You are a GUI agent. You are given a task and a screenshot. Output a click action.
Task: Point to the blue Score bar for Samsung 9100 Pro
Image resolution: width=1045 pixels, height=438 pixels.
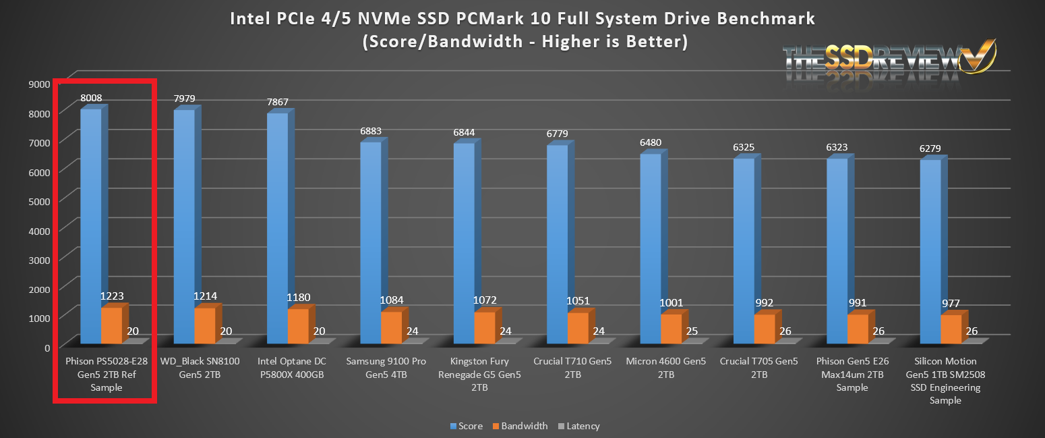(370, 243)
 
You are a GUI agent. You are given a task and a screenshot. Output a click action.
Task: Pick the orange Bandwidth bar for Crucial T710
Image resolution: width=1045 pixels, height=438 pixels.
(577, 328)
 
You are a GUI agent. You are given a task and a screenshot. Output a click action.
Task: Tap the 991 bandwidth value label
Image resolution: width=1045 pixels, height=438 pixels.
(856, 302)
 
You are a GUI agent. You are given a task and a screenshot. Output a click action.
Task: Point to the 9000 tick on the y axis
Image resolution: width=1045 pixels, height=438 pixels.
(39, 84)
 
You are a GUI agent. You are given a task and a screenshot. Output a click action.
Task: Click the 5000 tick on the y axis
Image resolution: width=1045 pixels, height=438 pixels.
(39, 201)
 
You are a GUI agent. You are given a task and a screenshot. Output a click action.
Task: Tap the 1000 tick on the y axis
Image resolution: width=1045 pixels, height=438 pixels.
(39, 318)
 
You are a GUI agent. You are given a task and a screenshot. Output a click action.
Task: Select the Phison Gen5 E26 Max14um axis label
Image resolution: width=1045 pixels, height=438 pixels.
(852, 374)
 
